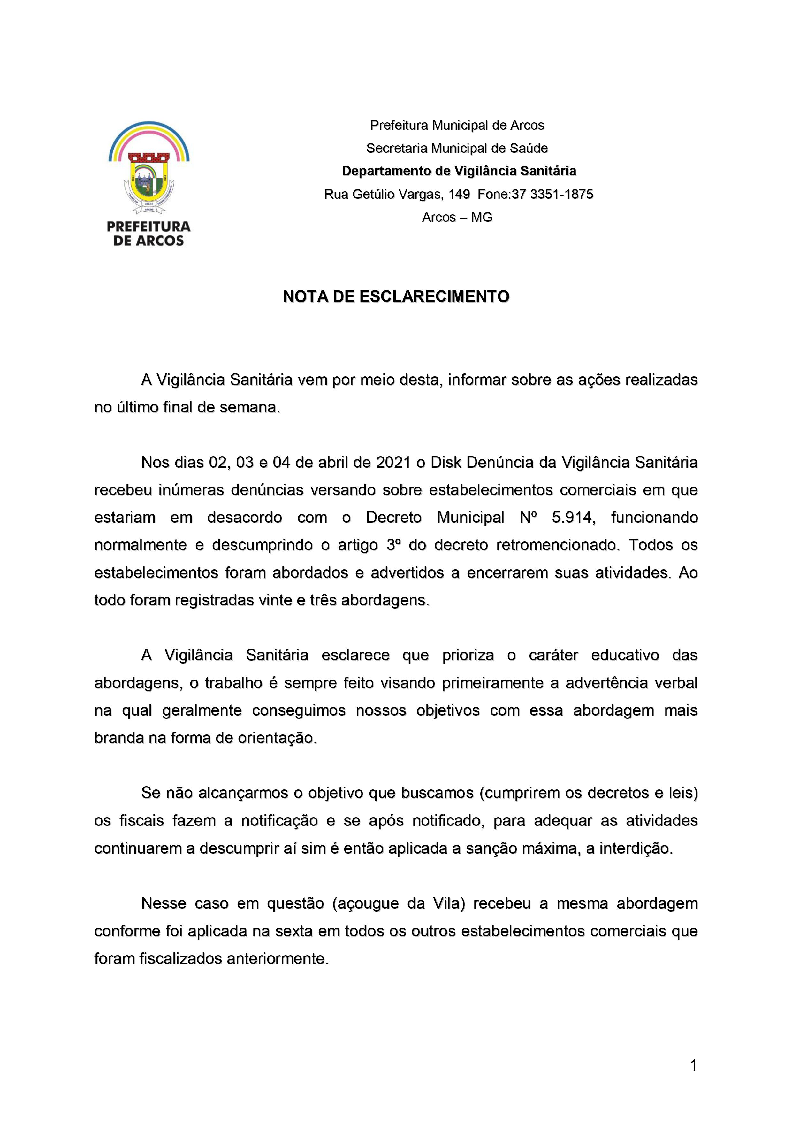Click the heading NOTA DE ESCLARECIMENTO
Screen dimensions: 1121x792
[x=396, y=296]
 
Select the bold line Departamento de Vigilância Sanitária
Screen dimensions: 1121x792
[x=458, y=171]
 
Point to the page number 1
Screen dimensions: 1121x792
[x=693, y=1065]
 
